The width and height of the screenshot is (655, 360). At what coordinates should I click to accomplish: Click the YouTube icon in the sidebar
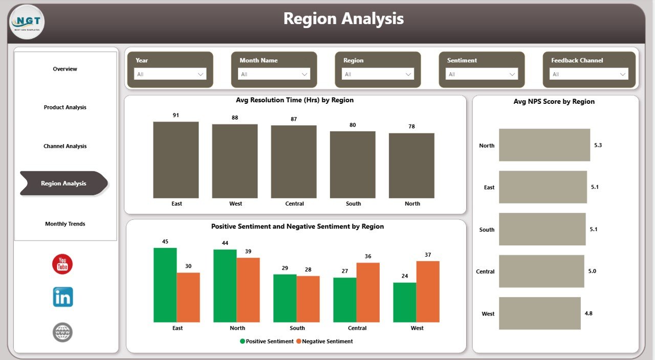(62, 264)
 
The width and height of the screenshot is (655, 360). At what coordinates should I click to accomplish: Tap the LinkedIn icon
(63, 297)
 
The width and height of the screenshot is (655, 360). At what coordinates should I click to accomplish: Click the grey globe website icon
(62, 332)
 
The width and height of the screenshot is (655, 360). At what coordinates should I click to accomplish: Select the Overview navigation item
(65, 69)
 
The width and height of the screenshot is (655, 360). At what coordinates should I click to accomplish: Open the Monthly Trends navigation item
(65, 224)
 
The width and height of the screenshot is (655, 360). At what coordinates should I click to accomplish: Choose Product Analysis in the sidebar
(65, 107)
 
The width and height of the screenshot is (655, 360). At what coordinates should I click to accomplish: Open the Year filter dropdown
(170, 74)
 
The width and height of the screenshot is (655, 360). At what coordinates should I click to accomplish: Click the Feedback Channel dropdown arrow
(623, 74)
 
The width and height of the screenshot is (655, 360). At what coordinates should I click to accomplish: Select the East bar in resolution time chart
(176, 160)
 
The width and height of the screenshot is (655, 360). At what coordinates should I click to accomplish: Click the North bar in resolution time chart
(411, 166)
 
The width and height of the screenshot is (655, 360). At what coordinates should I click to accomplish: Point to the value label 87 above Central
(294, 119)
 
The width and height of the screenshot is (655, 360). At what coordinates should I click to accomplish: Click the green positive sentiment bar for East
(165, 285)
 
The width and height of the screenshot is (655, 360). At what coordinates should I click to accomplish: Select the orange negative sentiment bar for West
(428, 291)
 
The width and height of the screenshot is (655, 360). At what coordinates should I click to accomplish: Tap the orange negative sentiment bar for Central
(368, 292)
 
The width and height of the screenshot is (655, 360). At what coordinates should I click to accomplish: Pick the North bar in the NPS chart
(544, 145)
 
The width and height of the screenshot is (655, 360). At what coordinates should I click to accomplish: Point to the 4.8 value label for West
(588, 313)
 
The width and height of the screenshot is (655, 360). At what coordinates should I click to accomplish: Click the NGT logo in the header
(27, 22)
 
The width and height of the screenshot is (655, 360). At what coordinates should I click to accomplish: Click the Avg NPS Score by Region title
(554, 102)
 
